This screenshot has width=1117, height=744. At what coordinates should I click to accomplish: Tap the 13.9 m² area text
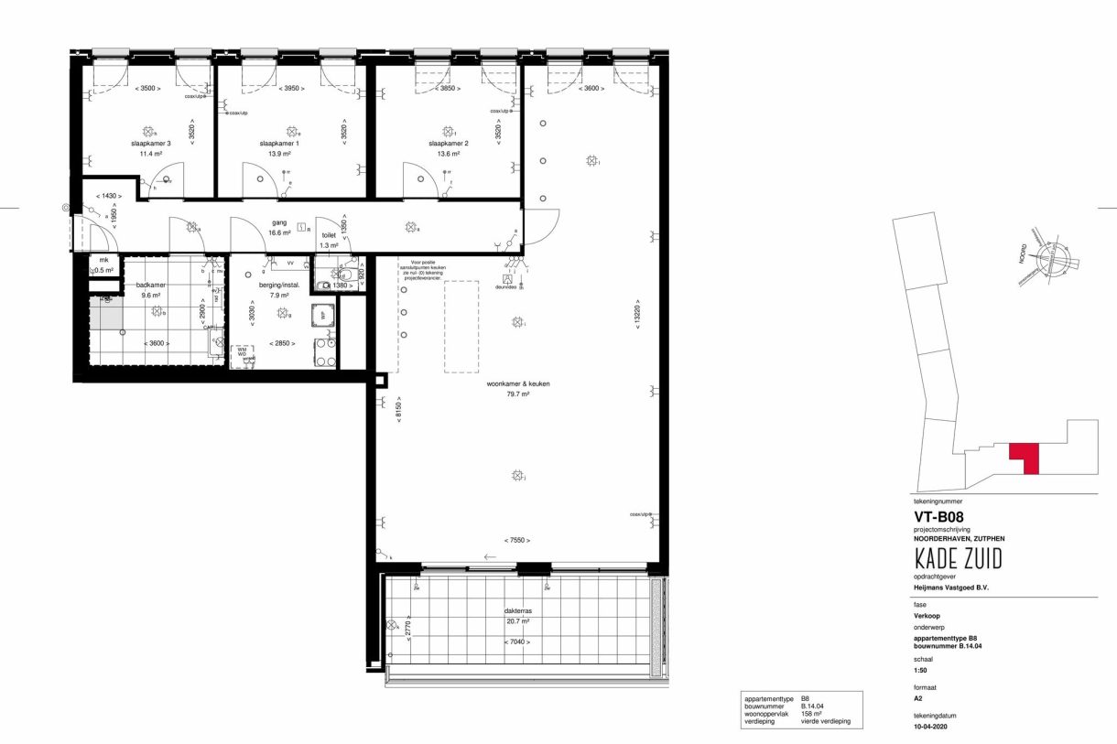coord(279,155)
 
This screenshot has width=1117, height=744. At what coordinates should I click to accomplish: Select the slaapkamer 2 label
coord(449,144)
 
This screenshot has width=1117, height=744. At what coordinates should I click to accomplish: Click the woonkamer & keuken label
coord(518,384)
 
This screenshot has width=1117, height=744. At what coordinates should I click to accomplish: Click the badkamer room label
coord(150,285)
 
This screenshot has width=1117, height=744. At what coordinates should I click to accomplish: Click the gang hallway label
coord(279,222)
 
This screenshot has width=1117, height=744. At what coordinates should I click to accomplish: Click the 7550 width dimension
coord(518,540)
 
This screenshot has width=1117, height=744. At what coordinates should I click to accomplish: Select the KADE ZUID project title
coord(958,558)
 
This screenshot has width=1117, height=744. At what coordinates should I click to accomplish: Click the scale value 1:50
coord(921,670)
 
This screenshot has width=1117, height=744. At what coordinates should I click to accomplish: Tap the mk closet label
coord(103,260)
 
